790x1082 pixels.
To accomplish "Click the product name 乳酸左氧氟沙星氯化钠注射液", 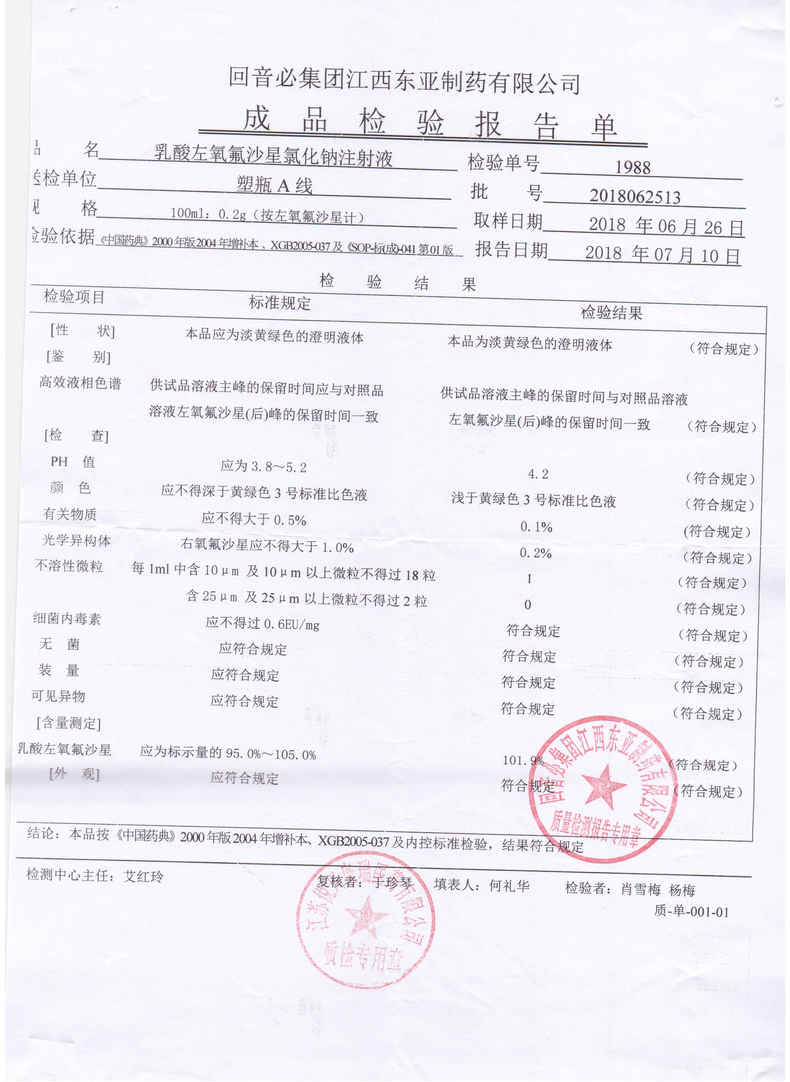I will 273,157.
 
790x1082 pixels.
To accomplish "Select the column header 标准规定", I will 280,303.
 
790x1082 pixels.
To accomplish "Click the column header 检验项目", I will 74,297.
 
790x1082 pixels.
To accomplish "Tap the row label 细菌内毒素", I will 67,619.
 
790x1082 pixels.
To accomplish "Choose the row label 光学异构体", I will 77,541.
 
